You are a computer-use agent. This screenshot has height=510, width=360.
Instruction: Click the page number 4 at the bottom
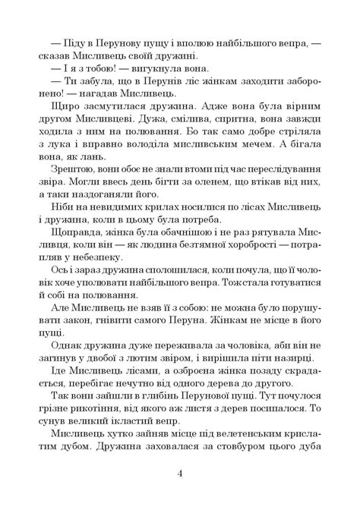(180, 474)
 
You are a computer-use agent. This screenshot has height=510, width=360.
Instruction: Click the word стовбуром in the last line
(251, 480)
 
